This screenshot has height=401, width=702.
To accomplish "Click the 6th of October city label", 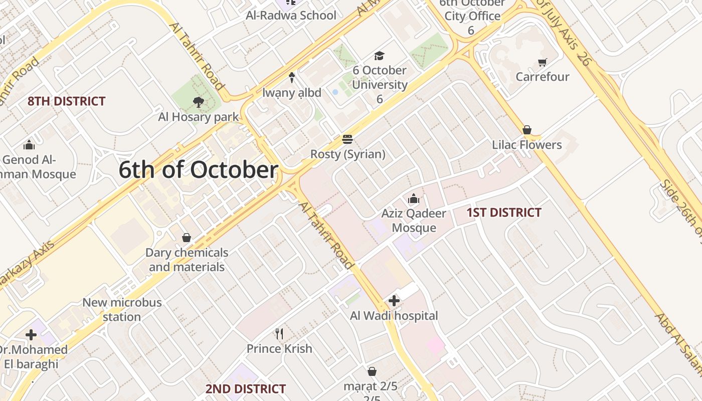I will click(198, 170).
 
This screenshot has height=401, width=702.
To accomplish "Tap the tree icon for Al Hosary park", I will click(199, 102).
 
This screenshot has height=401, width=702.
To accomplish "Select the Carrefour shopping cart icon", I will click(542, 62).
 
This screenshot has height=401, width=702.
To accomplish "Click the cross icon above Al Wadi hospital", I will click(394, 301).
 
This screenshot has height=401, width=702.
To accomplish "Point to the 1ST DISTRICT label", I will click(503, 213).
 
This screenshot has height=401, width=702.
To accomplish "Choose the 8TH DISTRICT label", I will click(66, 101).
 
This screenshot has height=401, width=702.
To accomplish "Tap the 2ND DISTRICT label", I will click(245, 389).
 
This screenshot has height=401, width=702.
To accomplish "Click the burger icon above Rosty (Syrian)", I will click(347, 139).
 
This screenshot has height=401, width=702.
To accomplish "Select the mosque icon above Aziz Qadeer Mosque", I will click(413, 198).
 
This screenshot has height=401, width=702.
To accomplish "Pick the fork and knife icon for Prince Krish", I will click(279, 333).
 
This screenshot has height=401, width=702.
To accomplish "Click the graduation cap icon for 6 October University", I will click(379, 56).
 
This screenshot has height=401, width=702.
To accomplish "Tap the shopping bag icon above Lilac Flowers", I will click(526, 130).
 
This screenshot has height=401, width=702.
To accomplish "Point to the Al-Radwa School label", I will click(291, 16).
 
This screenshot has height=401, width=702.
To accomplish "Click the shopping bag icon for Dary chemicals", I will click(187, 237).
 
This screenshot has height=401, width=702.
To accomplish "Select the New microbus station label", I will click(122, 309).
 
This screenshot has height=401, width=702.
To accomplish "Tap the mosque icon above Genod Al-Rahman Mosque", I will click(29, 145).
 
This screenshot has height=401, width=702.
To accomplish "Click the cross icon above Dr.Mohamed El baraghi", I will click(31, 334).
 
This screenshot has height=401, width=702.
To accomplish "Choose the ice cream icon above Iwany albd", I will click(291, 77).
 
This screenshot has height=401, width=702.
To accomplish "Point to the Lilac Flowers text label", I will click(526, 145).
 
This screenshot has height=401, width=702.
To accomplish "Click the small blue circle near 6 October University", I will click(335, 92).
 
